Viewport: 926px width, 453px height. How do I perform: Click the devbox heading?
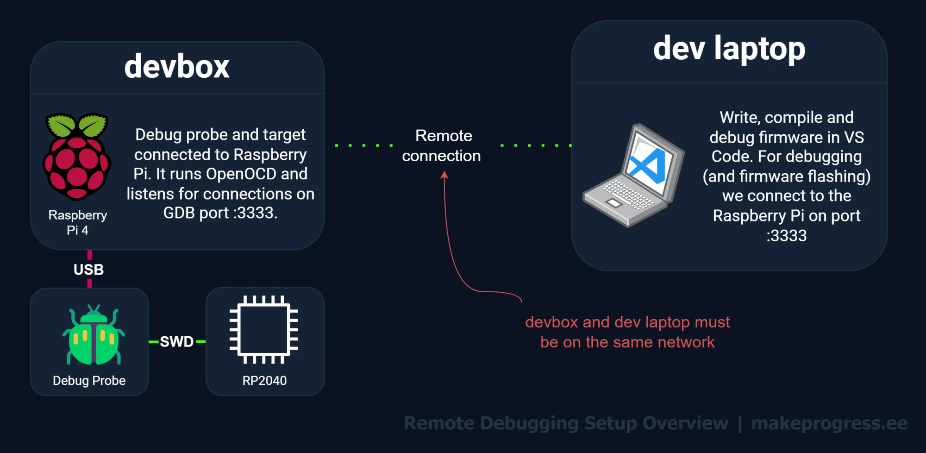177,67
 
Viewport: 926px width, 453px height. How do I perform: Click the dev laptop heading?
729,49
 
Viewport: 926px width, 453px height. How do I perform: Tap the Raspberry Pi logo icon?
77,157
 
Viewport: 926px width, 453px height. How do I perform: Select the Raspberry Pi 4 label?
77,223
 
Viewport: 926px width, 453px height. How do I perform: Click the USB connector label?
88,270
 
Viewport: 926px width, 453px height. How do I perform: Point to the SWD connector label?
176,342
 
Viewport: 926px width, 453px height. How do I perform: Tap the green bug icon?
94,335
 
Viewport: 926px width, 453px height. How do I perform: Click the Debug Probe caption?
89,381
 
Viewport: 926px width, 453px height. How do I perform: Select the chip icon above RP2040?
264,330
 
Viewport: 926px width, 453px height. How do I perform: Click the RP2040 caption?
264,381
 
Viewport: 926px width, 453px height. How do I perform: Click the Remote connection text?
442,146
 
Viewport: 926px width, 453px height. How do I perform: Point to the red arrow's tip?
444,172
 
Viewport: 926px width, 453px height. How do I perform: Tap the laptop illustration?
633,176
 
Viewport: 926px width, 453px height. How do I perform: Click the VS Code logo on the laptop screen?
647,166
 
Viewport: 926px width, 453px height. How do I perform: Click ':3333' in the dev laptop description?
786,236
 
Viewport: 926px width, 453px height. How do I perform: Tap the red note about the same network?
627,332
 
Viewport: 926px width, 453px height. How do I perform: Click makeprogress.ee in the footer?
829,423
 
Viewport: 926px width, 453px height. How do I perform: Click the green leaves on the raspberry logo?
77,124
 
